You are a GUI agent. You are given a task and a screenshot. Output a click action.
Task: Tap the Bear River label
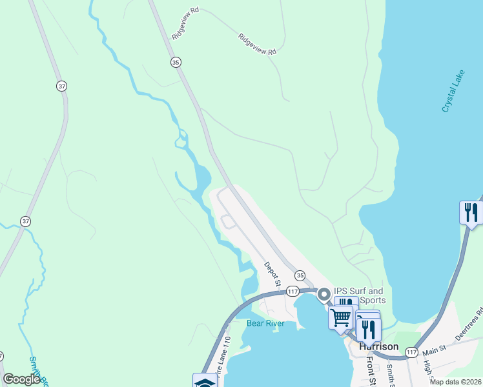[x=265, y=323]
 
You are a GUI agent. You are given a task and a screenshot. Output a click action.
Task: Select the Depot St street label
[x=272, y=274]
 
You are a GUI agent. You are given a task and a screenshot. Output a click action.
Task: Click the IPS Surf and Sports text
[x=360, y=295]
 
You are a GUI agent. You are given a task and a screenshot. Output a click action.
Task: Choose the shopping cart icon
[x=340, y=317]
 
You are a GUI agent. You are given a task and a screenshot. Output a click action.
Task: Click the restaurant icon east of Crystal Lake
[x=471, y=212]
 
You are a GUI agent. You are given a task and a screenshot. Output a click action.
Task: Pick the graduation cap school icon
[x=204, y=382]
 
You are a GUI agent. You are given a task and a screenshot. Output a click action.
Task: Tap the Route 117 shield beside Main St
[x=412, y=352]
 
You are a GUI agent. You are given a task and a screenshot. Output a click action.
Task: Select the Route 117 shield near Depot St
[x=293, y=292]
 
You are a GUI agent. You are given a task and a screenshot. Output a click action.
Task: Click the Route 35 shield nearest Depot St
[x=300, y=275]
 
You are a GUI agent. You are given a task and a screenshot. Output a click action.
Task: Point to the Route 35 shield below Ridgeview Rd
[x=176, y=62]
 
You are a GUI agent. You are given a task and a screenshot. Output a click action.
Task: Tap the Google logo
[x=22, y=379]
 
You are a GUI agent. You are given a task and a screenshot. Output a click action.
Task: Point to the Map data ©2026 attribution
[x=455, y=382]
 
